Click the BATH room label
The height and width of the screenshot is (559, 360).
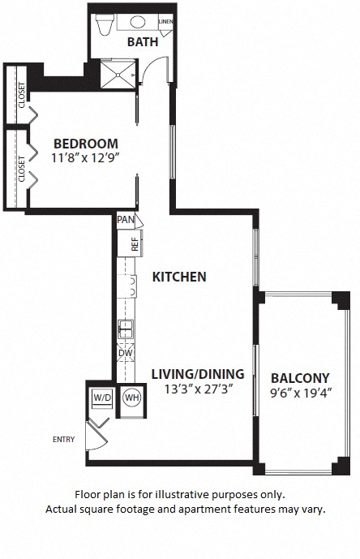click(x=143, y=41)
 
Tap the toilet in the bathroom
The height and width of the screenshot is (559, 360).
click(x=105, y=24)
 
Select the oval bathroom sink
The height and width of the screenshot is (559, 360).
click(x=138, y=22)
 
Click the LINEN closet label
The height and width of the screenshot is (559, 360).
click(x=165, y=21)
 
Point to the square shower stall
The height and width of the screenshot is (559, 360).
click(x=118, y=74)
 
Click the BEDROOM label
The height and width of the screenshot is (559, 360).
click(x=86, y=144)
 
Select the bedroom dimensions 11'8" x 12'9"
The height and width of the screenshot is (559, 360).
click(x=85, y=157)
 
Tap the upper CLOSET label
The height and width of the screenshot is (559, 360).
click(x=22, y=95)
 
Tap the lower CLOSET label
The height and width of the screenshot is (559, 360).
click(x=22, y=169)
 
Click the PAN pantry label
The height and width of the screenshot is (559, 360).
click(x=126, y=219)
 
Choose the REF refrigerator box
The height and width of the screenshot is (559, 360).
click(x=130, y=243)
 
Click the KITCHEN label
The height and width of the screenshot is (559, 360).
click(x=179, y=277)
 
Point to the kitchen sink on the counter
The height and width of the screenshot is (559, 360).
click(x=126, y=329)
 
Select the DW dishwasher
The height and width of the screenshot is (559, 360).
click(x=126, y=353)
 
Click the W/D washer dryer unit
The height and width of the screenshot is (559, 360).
click(x=102, y=398)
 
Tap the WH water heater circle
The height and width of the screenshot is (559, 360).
click(x=132, y=398)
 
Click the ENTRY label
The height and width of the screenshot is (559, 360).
click(x=64, y=440)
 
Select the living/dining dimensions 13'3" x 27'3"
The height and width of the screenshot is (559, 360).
click(x=199, y=389)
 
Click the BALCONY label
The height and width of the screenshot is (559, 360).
click(x=300, y=378)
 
